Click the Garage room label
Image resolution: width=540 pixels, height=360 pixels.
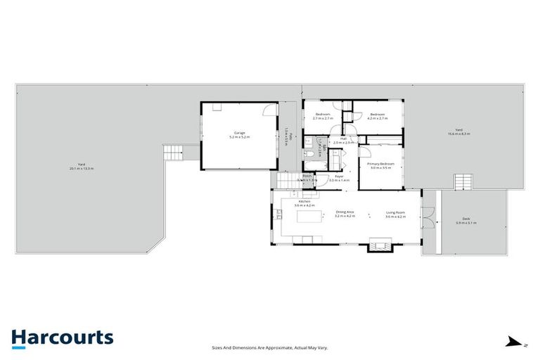[239, 136]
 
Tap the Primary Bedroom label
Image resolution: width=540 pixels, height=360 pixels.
[380, 165]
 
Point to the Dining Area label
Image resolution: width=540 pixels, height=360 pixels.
[345, 214]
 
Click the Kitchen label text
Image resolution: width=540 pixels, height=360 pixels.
[304, 203]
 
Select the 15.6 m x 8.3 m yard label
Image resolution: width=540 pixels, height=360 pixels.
[458, 131]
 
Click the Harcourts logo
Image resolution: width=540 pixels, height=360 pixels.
[62, 337]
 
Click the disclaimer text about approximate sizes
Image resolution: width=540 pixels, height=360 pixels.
[270, 347]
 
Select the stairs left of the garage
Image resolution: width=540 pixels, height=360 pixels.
[172, 153]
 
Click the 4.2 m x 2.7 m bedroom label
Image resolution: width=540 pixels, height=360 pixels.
[378, 116]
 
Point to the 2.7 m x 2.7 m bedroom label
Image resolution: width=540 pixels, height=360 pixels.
[323, 116]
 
